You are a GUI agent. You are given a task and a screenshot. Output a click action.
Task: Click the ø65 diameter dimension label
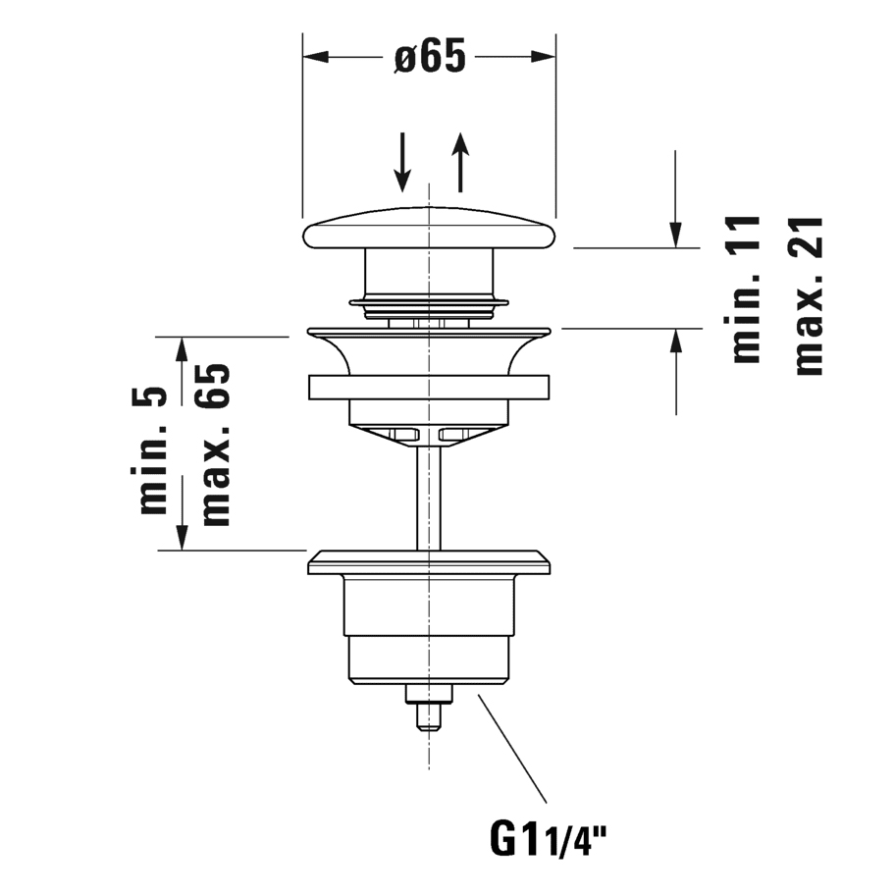pos(430,57)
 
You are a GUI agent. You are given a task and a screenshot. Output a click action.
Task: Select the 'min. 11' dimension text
pos(746,290)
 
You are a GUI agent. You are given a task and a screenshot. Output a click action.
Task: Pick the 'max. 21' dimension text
pos(809,295)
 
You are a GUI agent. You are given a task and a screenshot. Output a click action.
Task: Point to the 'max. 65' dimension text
pos(216,445)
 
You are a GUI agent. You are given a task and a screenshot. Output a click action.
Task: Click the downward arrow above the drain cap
pos(403,162)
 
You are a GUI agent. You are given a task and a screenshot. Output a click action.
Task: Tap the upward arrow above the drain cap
pos(460,162)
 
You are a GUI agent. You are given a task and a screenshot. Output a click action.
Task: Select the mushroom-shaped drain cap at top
pos(429,229)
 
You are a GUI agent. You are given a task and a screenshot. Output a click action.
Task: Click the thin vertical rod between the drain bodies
pos(429,497)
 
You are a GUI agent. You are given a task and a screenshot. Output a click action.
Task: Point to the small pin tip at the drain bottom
pos(429,717)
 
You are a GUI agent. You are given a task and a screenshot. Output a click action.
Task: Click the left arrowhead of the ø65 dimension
pos(316,57)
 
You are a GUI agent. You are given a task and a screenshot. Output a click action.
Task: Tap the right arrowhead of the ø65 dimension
pos(543,57)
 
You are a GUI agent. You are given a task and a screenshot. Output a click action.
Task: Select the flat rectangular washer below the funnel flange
pos(429,387)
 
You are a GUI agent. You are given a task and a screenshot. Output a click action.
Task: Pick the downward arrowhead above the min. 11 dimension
pos(676,235)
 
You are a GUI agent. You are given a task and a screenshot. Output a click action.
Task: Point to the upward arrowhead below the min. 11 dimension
pos(676,342)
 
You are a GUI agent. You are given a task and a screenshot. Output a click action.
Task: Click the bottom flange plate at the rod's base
pos(429,562)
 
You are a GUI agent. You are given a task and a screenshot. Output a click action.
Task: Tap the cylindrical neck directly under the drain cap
pos(428,274)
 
